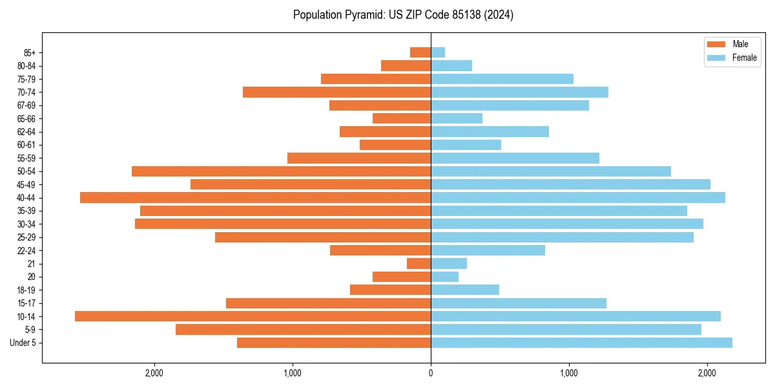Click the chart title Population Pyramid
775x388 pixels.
pos(403,15)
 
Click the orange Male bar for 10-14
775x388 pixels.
pos(253,316)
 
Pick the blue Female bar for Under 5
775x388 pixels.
pos(581,343)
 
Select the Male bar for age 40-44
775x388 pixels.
pos(255,198)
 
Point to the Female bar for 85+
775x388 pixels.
pos(438,52)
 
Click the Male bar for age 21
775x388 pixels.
pos(418,264)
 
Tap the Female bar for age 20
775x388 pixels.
pos(444,277)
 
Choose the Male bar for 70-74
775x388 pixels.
pos(336,92)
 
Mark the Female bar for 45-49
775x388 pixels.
pos(570,184)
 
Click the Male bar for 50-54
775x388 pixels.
pos(281,171)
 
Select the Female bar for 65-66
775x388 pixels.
pos(457,118)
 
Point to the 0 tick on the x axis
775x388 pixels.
pos(431,373)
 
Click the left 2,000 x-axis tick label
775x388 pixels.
pos(154,373)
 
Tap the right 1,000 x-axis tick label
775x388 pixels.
pos(569,373)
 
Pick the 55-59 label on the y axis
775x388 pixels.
pos(26,158)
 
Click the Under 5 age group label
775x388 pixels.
pos(23,343)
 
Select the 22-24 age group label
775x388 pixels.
pos(26,251)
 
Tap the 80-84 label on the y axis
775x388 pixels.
pos(26,66)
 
